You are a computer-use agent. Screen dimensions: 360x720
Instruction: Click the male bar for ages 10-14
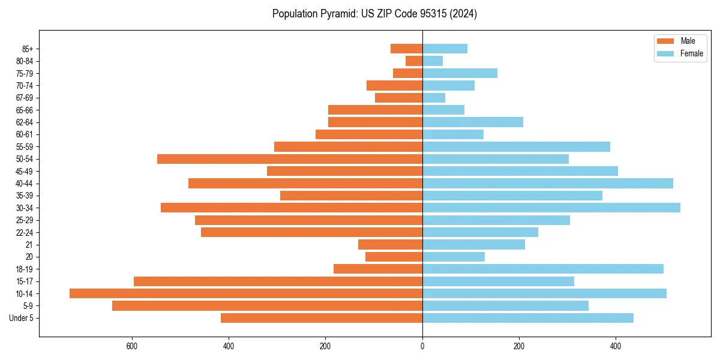click(x=246, y=293)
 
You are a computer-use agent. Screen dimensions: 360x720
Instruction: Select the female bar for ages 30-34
click(x=551, y=208)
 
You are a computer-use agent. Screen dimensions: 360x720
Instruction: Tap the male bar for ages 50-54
click(x=290, y=159)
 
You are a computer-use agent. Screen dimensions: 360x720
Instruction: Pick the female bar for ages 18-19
click(x=543, y=269)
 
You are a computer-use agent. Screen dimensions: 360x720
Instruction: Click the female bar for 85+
click(x=445, y=49)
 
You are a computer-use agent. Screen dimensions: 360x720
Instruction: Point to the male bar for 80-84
click(x=414, y=61)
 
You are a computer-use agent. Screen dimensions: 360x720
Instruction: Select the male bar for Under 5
click(x=322, y=318)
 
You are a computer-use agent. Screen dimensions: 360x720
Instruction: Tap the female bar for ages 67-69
click(x=434, y=98)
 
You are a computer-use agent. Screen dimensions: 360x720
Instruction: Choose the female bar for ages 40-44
click(x=548, y=184)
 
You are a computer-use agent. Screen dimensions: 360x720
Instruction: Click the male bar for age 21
click(x=391, y=244)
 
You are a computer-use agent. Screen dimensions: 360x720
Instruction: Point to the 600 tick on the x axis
click(x=132, y=346)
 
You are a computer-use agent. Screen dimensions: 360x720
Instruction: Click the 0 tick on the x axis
click(x=422, y=346)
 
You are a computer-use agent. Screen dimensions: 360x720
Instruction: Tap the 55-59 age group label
click(x=25, y=146)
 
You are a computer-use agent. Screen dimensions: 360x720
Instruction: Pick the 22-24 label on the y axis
click(x=25, y=232)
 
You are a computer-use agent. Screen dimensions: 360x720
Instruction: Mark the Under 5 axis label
click(x=22, y=318)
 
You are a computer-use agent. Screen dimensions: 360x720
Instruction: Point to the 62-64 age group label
click(x=25, y=122)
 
